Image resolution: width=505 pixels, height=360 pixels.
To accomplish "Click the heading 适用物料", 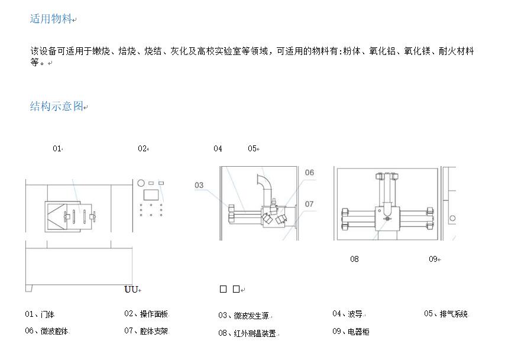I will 51,19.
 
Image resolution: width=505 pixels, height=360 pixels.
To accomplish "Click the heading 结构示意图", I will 57,106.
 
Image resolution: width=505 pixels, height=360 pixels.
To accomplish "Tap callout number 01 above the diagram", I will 57,148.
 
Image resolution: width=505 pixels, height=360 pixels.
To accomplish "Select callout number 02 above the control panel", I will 142,148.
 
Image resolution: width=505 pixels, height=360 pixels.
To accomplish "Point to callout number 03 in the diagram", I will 199,185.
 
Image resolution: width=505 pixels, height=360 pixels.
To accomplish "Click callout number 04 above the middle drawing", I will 218,148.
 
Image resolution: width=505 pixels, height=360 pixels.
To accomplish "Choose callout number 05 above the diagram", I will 252,148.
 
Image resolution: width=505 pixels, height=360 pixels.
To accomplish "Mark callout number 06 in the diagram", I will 309,173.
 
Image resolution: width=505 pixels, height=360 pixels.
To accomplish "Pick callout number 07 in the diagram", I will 309,204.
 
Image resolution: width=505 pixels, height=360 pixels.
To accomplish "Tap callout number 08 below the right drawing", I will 354,259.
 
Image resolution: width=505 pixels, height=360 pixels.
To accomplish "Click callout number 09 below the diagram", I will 433,259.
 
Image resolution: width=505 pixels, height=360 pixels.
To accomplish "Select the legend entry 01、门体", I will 40,314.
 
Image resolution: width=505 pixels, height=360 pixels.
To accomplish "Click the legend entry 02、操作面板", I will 146,314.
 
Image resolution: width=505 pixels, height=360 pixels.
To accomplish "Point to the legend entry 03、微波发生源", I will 243,316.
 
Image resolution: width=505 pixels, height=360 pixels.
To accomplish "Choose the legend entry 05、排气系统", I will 445,314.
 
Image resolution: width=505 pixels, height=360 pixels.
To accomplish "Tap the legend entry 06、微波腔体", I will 47,331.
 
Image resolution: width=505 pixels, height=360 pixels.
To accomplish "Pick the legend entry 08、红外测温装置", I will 247,333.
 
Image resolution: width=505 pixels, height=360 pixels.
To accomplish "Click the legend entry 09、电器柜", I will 351,332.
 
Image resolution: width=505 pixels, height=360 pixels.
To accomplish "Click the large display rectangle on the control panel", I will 151,194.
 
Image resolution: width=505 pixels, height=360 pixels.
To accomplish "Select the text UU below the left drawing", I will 131,289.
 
